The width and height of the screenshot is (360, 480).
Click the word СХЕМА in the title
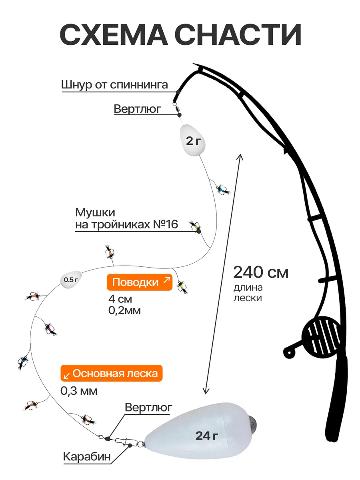pos(114,34)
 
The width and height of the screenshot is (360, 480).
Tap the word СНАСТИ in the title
pos(238,34)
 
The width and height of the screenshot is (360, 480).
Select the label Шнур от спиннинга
pos(114,85)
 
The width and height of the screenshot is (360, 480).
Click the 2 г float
pos(192,140)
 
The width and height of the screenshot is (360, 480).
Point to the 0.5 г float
pos(71,279)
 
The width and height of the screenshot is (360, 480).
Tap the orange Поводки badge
pos(140,282)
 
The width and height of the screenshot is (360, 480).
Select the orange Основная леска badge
pos(112,373)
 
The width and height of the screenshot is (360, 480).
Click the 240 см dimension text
pos(261,272)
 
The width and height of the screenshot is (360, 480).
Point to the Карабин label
pos(87,456)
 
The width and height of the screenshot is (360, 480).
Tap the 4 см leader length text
pos(120,299)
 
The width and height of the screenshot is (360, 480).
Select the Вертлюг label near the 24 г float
pos(149,407)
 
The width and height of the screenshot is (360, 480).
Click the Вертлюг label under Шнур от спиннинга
pos(138,109)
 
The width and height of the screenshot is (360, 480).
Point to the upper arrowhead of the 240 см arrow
pos(240,156)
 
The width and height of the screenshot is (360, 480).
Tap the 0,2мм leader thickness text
pos(124,310)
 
